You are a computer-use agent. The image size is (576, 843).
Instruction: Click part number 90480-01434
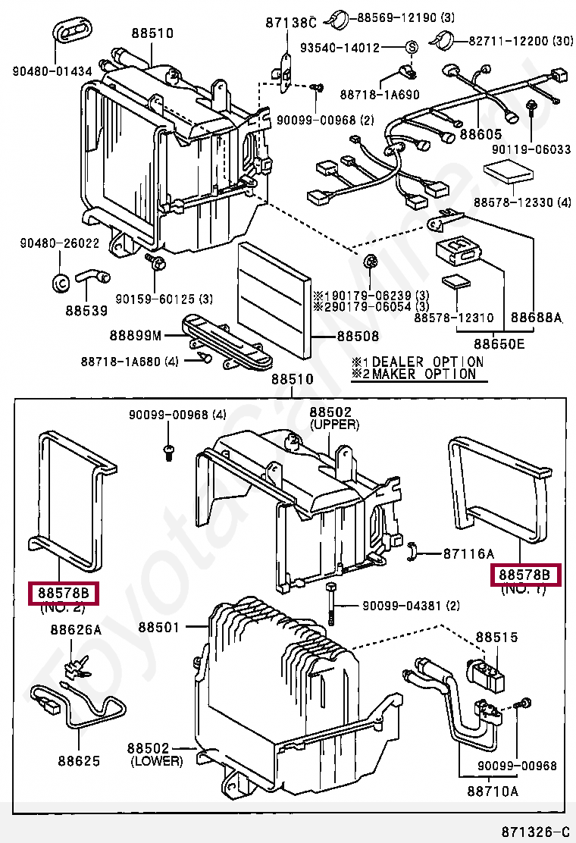pos(52,72)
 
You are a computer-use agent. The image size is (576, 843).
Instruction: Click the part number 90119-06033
pos(531,149)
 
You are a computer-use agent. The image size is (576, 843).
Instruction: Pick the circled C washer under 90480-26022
pos(60,282)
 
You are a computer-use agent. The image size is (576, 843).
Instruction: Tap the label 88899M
pos(136,334)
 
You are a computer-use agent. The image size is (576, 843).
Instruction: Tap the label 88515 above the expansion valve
pos(496,638)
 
